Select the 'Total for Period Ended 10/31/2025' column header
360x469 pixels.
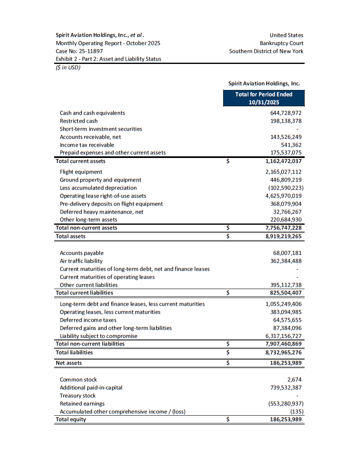pyautogui.click(x=263, y=98)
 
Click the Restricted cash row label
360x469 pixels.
pyautogui.click(x=79, y=121)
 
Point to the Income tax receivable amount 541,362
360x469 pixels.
pyautogui.click(x=291, y=145)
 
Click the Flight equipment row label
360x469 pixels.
pyautogui.click(x=81, y=172)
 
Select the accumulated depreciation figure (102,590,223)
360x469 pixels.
pyautogui.click(x=285, y=188)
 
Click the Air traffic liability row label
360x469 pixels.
pyautogui.click(x=81, y=261)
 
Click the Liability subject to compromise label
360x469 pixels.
pyautogui.click(x=99, y=336)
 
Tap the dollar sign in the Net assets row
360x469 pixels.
pyautogui.click(x=228, y=363)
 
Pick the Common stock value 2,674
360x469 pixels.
pyautogui.click(x=294, y=379)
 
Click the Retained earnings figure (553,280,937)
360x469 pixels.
pyautogui.click(x=285, y=403)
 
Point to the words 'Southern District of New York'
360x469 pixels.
pyautogui.click(x=266, y=51)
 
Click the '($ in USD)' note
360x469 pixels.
pyautogui.click(x=68, y=67)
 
